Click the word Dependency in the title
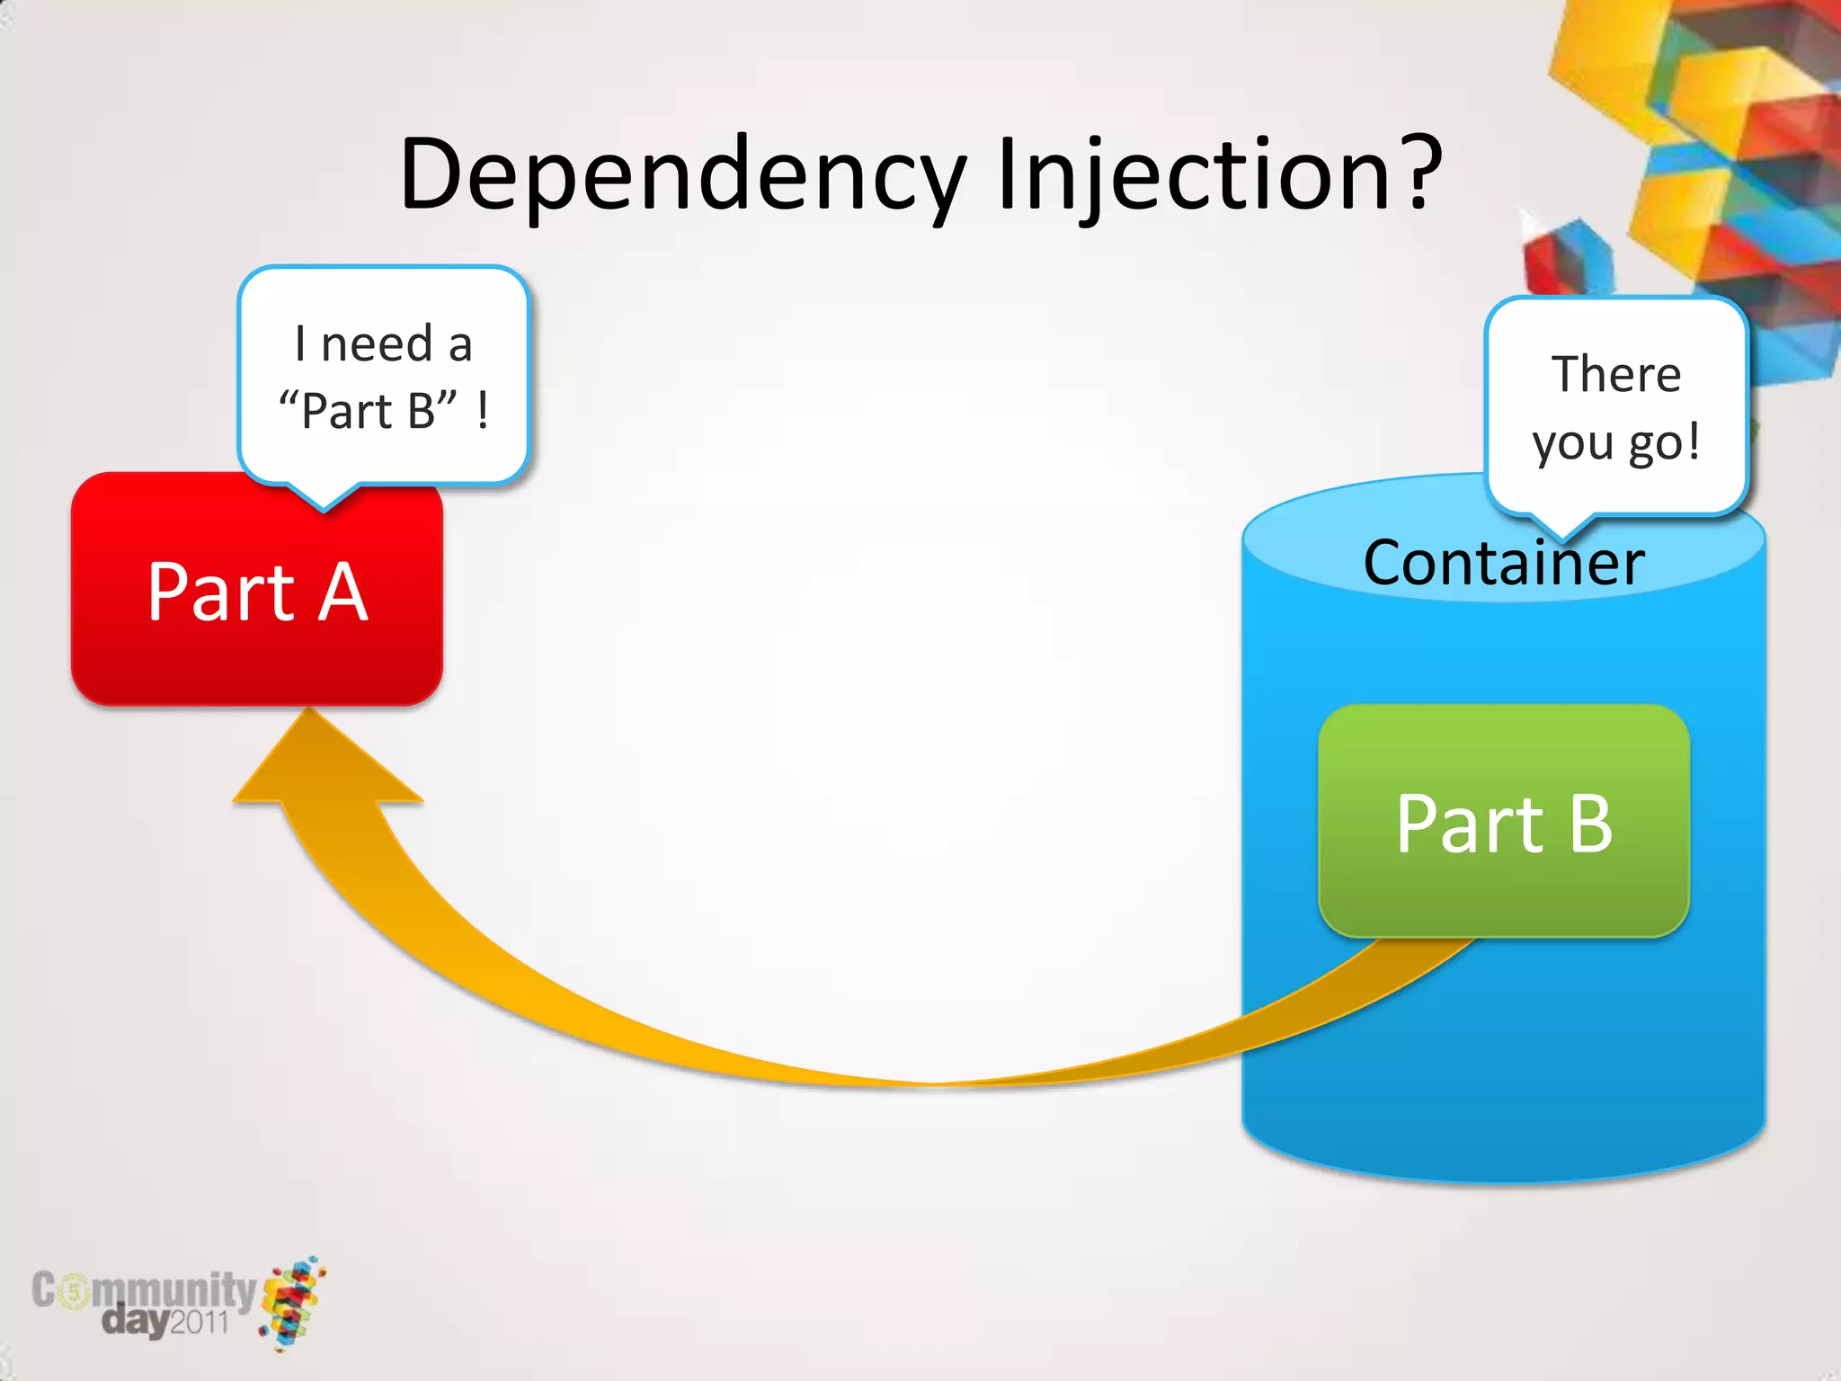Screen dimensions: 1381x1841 pyautogui.click(x=683, y=175)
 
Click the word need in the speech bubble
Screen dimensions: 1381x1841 pyautogui.click(x=377, y=344)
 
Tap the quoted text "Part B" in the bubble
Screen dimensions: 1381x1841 pyautogui.click(x=368, y=411)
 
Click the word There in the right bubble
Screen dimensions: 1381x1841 pyautogui.click(x=1615, y=374)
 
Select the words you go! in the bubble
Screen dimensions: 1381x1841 pyautogui.click(x=1615, y=442)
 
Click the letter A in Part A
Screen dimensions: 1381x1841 pyautogui.click(x=343, y=592)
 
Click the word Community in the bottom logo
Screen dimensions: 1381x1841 pyautogui.click(x=144, y=1291)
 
